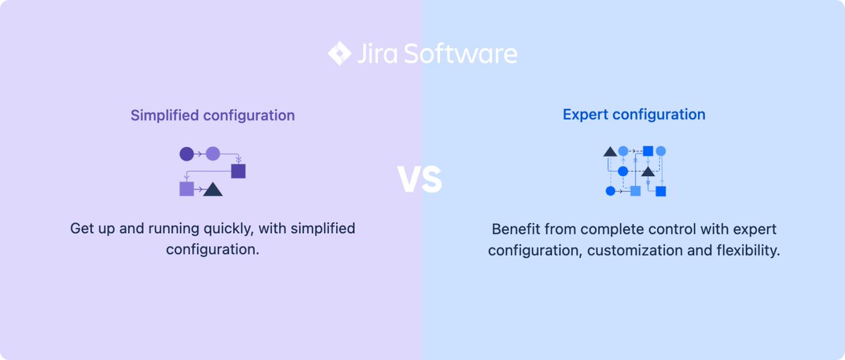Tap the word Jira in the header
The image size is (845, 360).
376,54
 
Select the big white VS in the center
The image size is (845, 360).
420,180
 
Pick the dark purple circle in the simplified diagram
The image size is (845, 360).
187,154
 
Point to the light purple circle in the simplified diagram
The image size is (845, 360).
213,154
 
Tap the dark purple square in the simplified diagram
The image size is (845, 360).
238,171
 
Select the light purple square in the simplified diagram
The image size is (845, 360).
187,189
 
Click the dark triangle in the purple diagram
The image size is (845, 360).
213,189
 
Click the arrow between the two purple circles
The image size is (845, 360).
200,154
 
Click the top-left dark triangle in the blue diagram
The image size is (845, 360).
610,151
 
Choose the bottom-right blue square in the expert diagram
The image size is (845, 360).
661,191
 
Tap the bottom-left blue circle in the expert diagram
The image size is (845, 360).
611,191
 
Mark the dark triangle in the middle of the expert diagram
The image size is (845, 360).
648,171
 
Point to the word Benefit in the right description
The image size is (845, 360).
515,230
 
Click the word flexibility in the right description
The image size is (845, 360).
748,251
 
